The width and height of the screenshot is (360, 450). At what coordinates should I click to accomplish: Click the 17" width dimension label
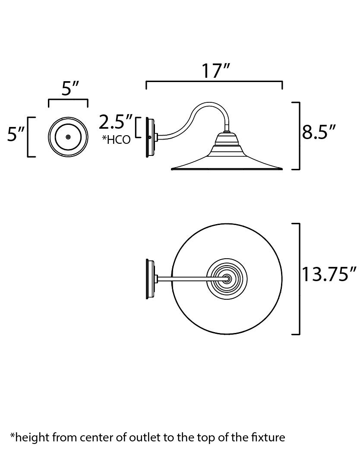[x=215, y=71]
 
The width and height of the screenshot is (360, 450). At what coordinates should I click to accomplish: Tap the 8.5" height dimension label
[x=319, y=132]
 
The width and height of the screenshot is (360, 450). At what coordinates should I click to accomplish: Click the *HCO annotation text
[x=116, y=139]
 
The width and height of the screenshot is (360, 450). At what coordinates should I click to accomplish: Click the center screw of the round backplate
[x=68, y=136]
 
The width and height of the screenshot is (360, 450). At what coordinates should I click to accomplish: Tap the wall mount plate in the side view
[x=151, y=137]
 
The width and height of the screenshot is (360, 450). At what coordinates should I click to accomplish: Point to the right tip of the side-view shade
[x=281, y=168]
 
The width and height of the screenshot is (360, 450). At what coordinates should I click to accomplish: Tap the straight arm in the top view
[x=186, y=279]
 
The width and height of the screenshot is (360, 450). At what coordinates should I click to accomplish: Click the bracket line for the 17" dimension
[x=215, y=82]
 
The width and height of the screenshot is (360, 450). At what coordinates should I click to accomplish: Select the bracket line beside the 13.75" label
[x=299, y=279]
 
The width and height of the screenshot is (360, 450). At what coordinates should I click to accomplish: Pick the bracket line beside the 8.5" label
[x=299, y=136]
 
